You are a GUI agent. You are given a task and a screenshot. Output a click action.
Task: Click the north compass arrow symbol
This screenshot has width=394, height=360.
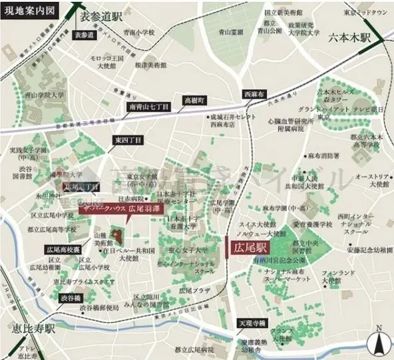click(377, 341)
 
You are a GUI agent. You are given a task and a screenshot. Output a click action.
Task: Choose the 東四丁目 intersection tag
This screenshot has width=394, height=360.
click(127, 140)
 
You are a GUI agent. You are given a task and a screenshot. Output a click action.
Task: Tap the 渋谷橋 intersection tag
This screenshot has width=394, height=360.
click(69, 298)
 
